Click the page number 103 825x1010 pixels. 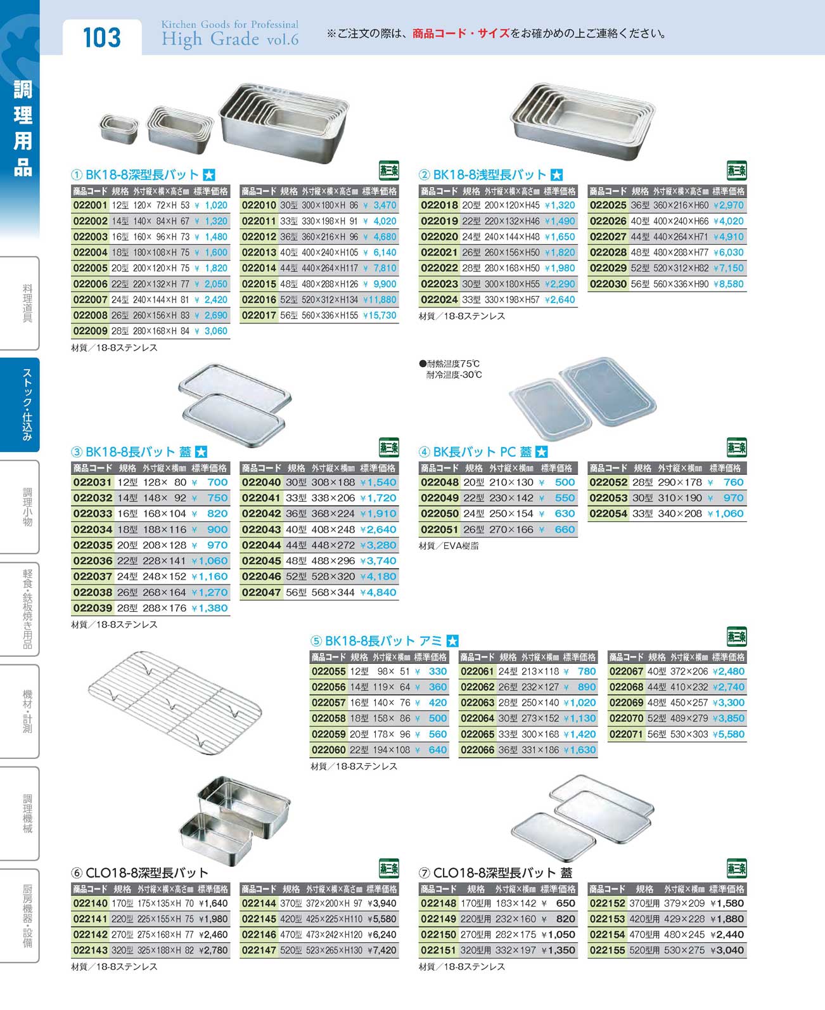[101, 37]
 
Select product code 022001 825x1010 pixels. [90, 205]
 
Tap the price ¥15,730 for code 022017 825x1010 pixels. [380, 315]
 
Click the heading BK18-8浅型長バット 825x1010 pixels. [489, 175]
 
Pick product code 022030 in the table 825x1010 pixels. [608, 284]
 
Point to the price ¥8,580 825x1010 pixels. [728, 284]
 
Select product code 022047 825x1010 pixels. [260, 592]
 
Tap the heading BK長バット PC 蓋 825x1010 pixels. [482, 452]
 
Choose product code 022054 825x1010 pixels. [608, 514]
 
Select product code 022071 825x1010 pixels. [626, 734]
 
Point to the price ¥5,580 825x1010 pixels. [728, 734]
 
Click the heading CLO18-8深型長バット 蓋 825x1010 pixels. [502, 873]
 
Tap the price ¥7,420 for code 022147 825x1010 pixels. [381, 950]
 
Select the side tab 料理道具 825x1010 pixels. [27, 303]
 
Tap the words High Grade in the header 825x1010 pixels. [210, 40]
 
